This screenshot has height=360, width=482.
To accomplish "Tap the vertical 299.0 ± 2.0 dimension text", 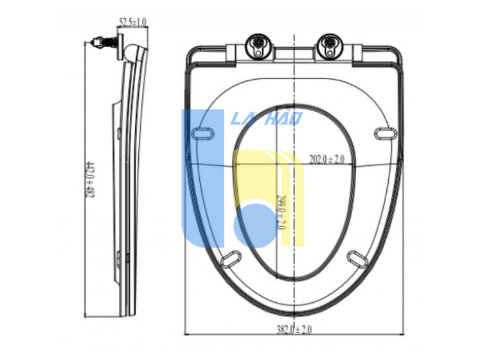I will coord(280,212).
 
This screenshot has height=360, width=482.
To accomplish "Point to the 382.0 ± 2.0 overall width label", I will coord(294,329).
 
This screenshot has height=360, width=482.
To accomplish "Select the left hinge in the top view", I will coord(258,47).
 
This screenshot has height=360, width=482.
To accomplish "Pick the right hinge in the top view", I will coord(330,47).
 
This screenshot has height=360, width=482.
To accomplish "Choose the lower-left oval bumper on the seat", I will coord(231,257).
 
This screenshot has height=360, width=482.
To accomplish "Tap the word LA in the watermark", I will coord(242,118).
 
